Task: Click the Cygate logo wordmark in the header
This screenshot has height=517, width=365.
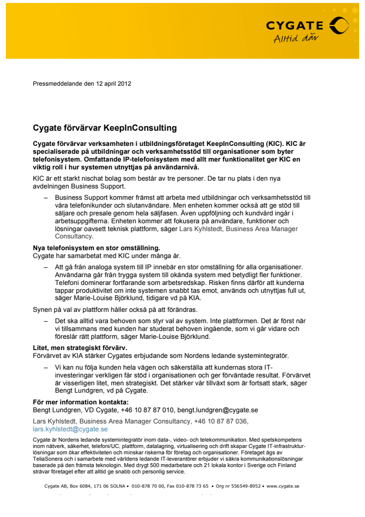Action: [x=295, y=25]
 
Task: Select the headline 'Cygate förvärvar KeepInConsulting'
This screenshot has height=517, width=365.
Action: [x=104, y=128]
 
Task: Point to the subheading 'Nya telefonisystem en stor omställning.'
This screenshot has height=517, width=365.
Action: [x=96, y=248]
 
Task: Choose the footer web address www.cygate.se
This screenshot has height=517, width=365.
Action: [x=283, y=487]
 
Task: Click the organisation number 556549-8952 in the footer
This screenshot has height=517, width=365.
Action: [x=245, y=487]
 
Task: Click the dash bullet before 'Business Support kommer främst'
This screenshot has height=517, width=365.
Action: [x=46, y=197]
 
